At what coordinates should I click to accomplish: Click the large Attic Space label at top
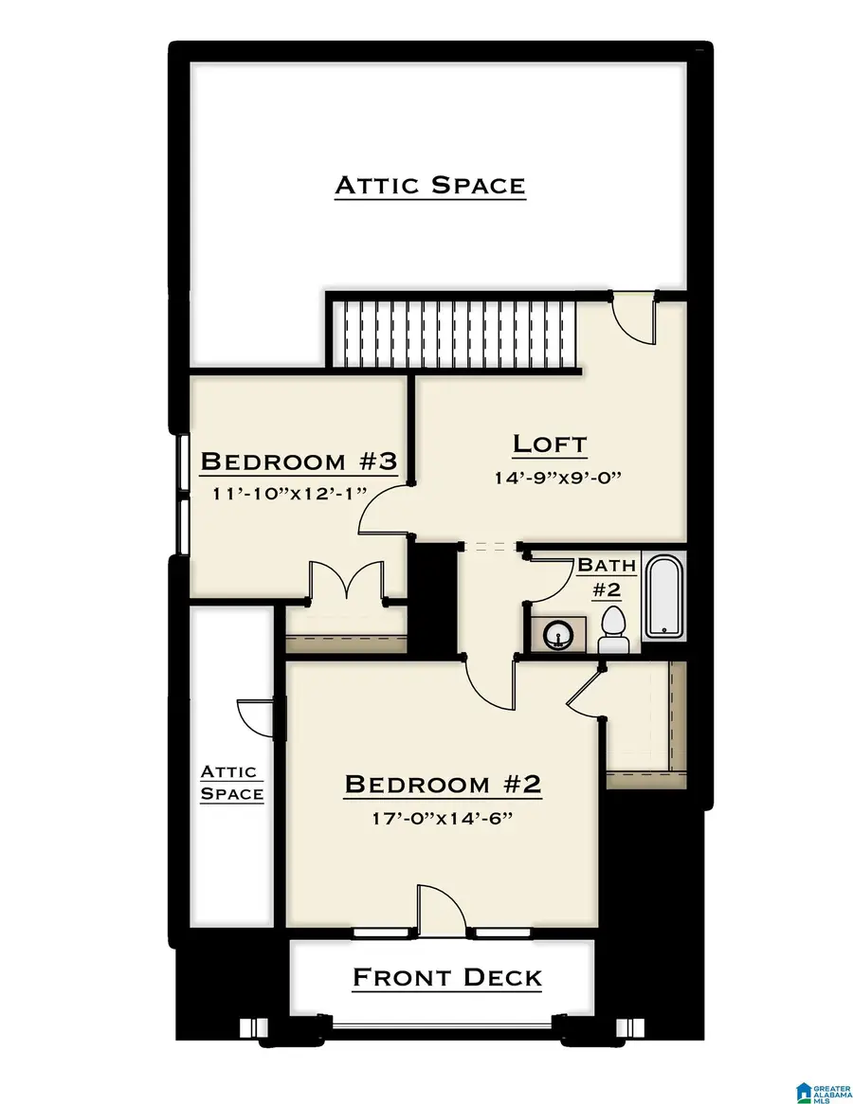(429, 185)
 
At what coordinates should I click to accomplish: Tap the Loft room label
(550, 443)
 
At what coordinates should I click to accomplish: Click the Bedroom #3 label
(298, 462)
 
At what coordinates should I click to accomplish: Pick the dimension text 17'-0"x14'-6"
(442, 819)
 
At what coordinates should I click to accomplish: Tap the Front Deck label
(446, 977)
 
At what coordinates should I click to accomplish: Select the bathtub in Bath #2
(663, 596)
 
